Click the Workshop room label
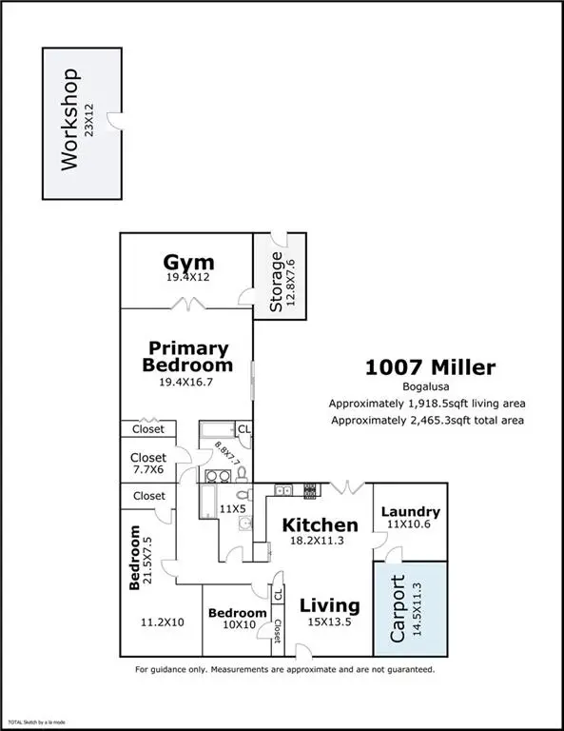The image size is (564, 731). [x=68, y=120]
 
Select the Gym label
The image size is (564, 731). [x=188, y=262]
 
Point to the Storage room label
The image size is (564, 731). [x=276, y=282]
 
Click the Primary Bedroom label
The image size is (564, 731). [x=187, y=356]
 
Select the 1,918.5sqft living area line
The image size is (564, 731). [x=426, y=403]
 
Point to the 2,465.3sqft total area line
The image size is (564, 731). [x=426, y=420]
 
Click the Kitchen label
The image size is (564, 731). [x=319, y=524]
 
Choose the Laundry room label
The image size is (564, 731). [x=410, y=511]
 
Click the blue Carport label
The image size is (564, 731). [x=399, y=609]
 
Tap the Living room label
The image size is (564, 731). [x=329, y=605]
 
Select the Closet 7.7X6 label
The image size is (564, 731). [x=147, y=464]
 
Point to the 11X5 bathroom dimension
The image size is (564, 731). [x=232, y=509]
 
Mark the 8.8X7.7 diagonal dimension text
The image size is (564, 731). [x=229, y=457]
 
